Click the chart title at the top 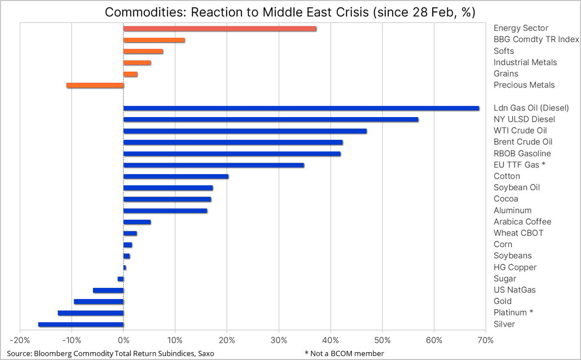click(290, 12)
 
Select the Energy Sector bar click(220, 29)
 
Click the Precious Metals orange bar click(95, 85)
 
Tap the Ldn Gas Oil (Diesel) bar click(301, 108)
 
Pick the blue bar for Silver click(81, 325)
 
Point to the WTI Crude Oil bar click(245, 131)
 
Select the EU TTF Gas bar click(214, 165)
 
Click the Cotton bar click(176, 177)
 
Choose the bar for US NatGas click(108, 290)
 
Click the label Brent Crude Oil click(523, 142)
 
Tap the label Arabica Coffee click(522, 222)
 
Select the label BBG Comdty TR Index click(536, 40)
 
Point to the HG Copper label click(515, 267)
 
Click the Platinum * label click(513, 313)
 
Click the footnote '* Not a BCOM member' click(344, 353)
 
